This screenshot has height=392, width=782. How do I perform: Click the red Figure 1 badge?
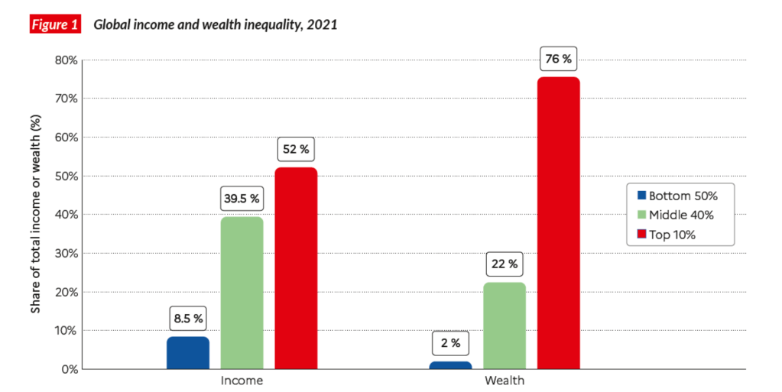(x=54, y=24)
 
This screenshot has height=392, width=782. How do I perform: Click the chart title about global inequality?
(x=215, y=24)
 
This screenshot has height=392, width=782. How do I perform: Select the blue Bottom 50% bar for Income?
(x=187, y=353)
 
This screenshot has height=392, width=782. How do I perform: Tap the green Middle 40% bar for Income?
(x=242, y=293)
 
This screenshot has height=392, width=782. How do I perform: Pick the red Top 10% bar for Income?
(x=296, y=269)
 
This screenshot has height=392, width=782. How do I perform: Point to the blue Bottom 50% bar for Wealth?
(x=450, y=365)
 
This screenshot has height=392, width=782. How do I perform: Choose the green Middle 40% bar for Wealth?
(x=505, y=326)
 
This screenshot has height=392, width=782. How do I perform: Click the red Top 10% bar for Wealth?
(x=558, y=223)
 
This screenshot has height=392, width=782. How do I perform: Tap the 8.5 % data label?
(x=187, y=318)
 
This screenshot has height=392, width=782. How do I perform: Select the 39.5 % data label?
(x=242, y=198)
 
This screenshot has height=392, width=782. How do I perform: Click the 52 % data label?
(x=296, y=149)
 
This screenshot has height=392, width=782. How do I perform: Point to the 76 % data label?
(x=558, y=58)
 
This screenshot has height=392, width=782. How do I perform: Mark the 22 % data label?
(x=505, y=264)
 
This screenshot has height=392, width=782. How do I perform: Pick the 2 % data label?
(x=450, y=343)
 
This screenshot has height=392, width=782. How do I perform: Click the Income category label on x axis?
(x=242, y=381)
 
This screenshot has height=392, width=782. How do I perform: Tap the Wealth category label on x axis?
(x=505, y=381)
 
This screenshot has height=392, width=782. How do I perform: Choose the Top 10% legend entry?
(x=673, y=235)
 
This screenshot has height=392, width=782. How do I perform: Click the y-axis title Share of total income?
(x=36, y=214)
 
